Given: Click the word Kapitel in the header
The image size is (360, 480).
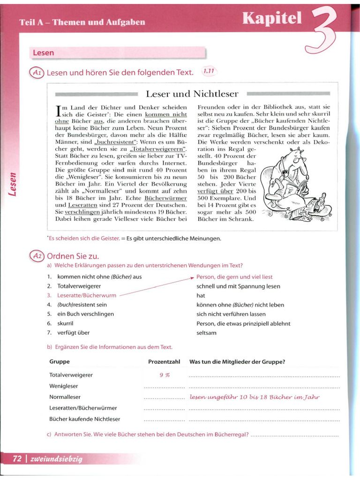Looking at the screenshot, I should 272,18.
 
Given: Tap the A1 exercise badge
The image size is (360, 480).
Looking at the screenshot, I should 37,72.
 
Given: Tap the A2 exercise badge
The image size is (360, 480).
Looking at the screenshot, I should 37,256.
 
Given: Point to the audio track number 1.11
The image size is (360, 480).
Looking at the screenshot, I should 209,71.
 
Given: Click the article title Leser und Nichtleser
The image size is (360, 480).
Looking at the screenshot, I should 192,94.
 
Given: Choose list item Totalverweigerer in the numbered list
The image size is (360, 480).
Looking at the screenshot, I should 79,286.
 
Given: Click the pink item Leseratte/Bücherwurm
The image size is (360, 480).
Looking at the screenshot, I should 87,295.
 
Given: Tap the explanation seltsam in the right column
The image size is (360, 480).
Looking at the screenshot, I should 206,333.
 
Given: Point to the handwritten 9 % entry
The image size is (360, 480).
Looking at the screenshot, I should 164,375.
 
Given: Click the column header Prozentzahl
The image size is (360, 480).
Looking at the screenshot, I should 164,362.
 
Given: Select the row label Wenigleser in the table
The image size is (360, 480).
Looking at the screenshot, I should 64,386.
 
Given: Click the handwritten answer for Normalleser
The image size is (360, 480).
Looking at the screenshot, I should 255,397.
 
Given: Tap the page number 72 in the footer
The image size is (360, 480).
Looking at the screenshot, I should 17,459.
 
